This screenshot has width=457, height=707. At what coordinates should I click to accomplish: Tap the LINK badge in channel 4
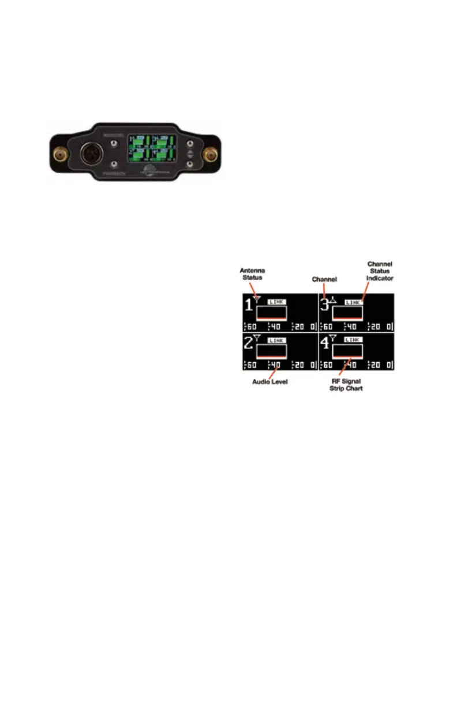click(352, 340)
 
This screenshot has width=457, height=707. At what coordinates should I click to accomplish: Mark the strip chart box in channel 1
click(271, 313)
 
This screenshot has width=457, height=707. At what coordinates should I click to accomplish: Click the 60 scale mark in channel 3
click(328, 327)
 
